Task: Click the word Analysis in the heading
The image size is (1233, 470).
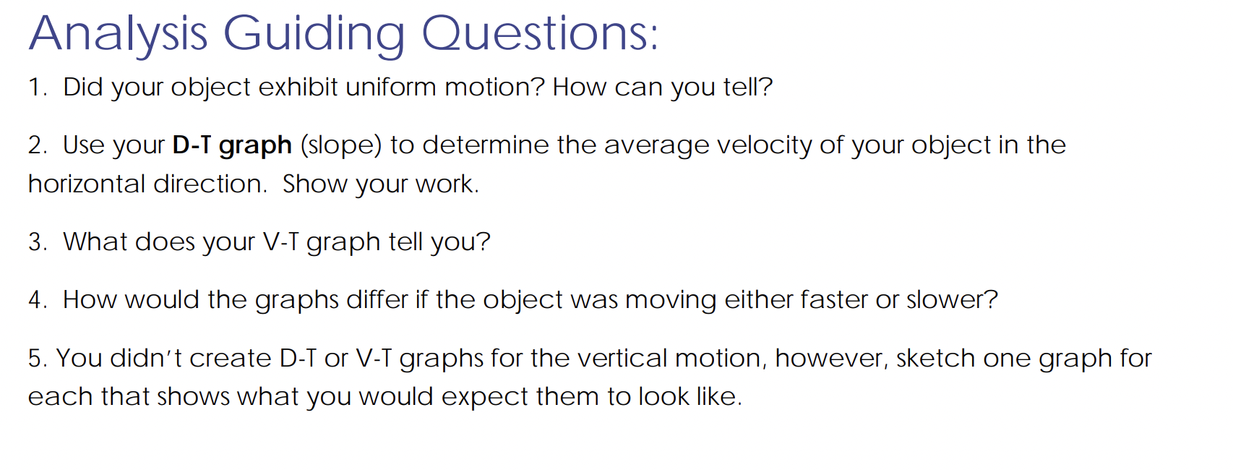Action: (x=118, y=34)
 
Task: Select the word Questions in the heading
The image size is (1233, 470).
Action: (x=539, y=34)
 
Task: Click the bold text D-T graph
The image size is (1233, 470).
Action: (x=232, y=145)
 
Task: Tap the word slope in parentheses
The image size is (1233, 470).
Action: (x=340, y=145)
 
